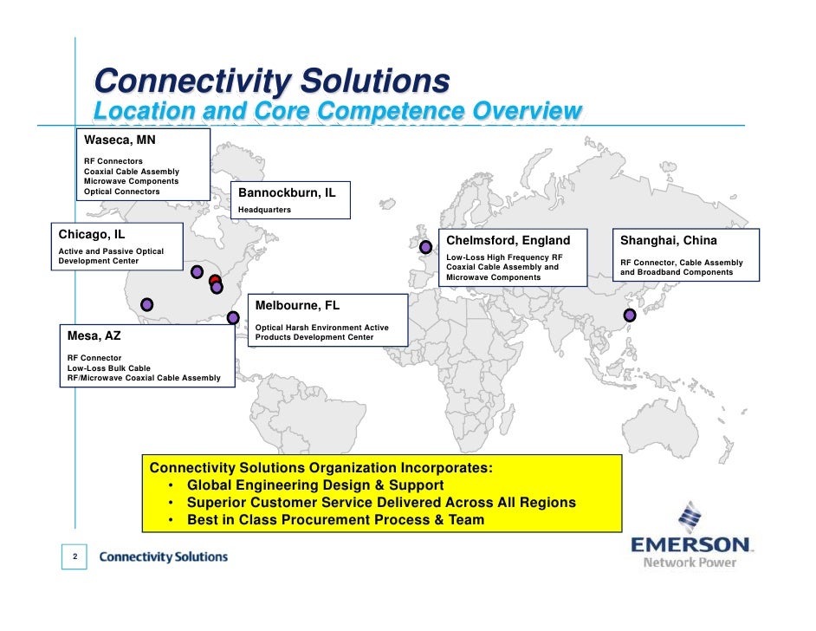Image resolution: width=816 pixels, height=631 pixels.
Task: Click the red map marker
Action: point(214,280)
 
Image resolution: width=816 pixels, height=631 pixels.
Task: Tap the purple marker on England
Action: point(425,247)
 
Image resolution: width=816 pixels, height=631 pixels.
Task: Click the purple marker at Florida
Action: point(233,318)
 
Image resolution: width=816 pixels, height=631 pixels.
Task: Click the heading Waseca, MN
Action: point(119,140)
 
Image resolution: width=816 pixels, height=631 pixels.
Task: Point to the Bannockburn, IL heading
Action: point(286,192)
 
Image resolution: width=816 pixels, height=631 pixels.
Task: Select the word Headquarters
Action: point(264,210)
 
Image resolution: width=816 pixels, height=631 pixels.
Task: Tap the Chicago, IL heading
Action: point(91,234)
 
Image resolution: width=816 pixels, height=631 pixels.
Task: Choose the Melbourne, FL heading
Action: point(296,305)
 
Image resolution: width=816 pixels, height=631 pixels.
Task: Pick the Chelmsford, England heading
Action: point(508,240)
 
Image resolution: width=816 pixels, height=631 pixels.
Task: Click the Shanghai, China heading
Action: point(668,240)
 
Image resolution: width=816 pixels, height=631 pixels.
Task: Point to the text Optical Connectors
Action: point(121,192)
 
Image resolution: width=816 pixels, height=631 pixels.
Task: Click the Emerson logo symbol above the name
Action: point(690,517)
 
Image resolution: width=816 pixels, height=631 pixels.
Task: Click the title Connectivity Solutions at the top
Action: point(271,82)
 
